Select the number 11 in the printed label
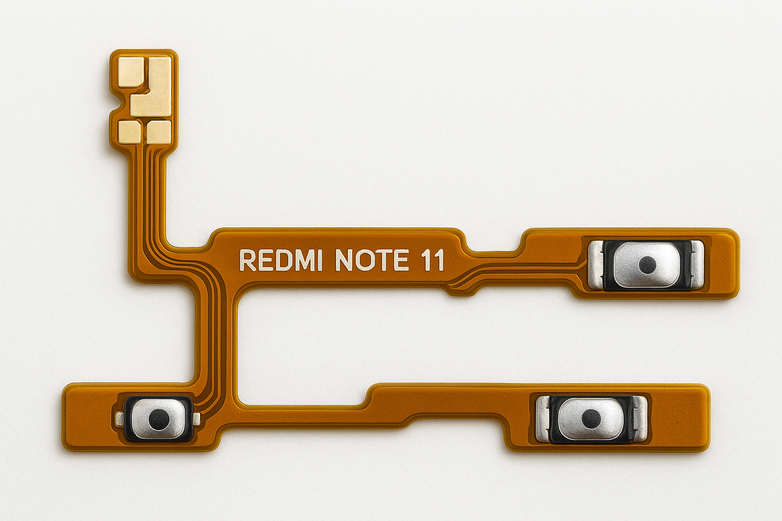(x=433, y=260)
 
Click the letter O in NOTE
(x=360, y=260)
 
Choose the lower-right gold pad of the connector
(x=158, y=131)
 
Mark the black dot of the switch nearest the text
(x=647, y=264)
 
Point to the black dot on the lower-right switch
(x=591, y=418)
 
